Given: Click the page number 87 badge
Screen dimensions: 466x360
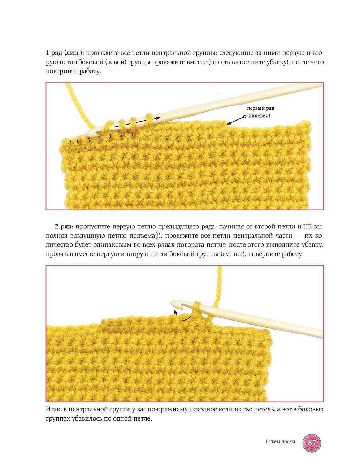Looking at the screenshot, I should tap(311, 442).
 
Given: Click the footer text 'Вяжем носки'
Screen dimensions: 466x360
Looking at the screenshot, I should tap(280, 442).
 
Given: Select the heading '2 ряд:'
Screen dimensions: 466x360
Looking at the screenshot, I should tap(64, 227).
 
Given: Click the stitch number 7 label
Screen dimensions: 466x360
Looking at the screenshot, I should tap(70, 142).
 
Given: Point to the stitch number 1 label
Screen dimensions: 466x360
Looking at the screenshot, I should tap(133, 134).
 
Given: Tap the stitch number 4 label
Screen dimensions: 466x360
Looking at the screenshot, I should tap(99, 137).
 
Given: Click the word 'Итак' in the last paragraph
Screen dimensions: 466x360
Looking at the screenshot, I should tap(53, 410).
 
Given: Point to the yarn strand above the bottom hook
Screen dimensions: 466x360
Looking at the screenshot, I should tap(219, 285).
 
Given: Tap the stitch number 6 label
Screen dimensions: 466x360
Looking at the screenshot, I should tap(78, 141).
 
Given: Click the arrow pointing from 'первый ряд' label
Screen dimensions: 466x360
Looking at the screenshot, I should tap(236, 120).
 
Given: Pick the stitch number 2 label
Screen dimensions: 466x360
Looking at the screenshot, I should tap(121, 135).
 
